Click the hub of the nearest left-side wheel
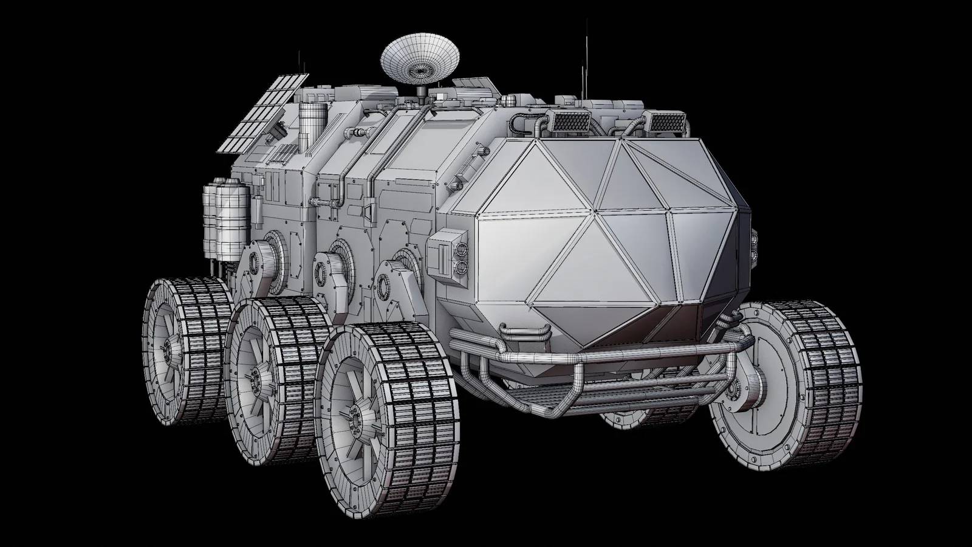355,422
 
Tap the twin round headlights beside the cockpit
460,257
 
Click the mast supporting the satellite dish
419,91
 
